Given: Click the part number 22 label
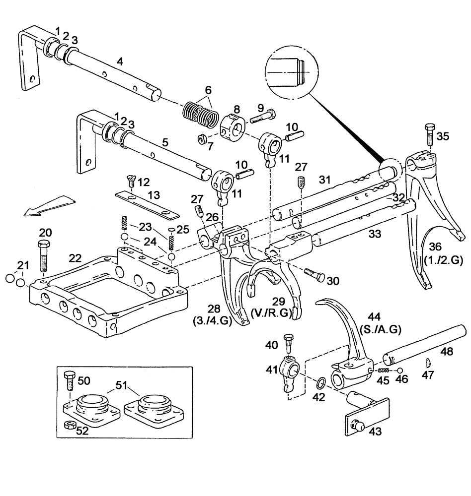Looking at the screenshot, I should tap(75, 258).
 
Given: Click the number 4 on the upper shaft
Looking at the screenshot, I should tap(119, 62).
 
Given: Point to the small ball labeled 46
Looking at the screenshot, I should tap(400, 371).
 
